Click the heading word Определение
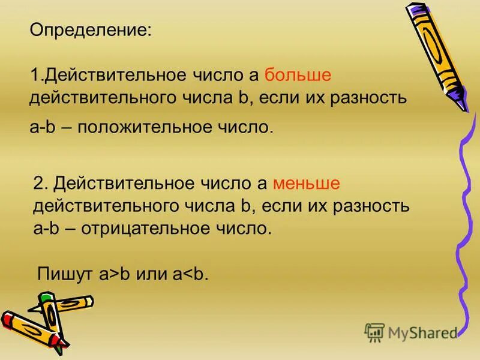tap(91, 29)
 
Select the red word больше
tap(298, 74)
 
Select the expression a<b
tap(190, 274)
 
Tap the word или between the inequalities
tap(152, 274)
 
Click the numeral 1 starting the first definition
tap(34, 74)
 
